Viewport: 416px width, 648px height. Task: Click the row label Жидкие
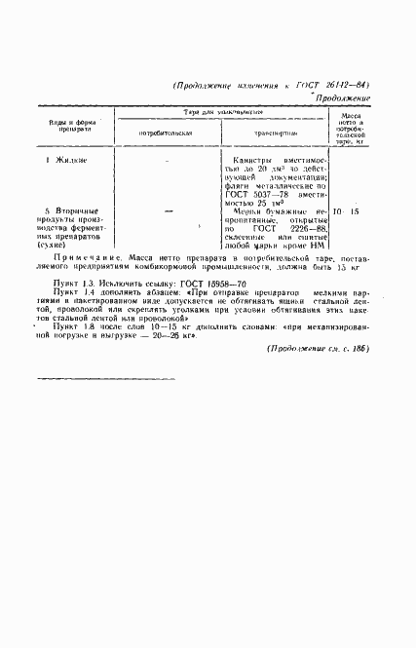[71, 159]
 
